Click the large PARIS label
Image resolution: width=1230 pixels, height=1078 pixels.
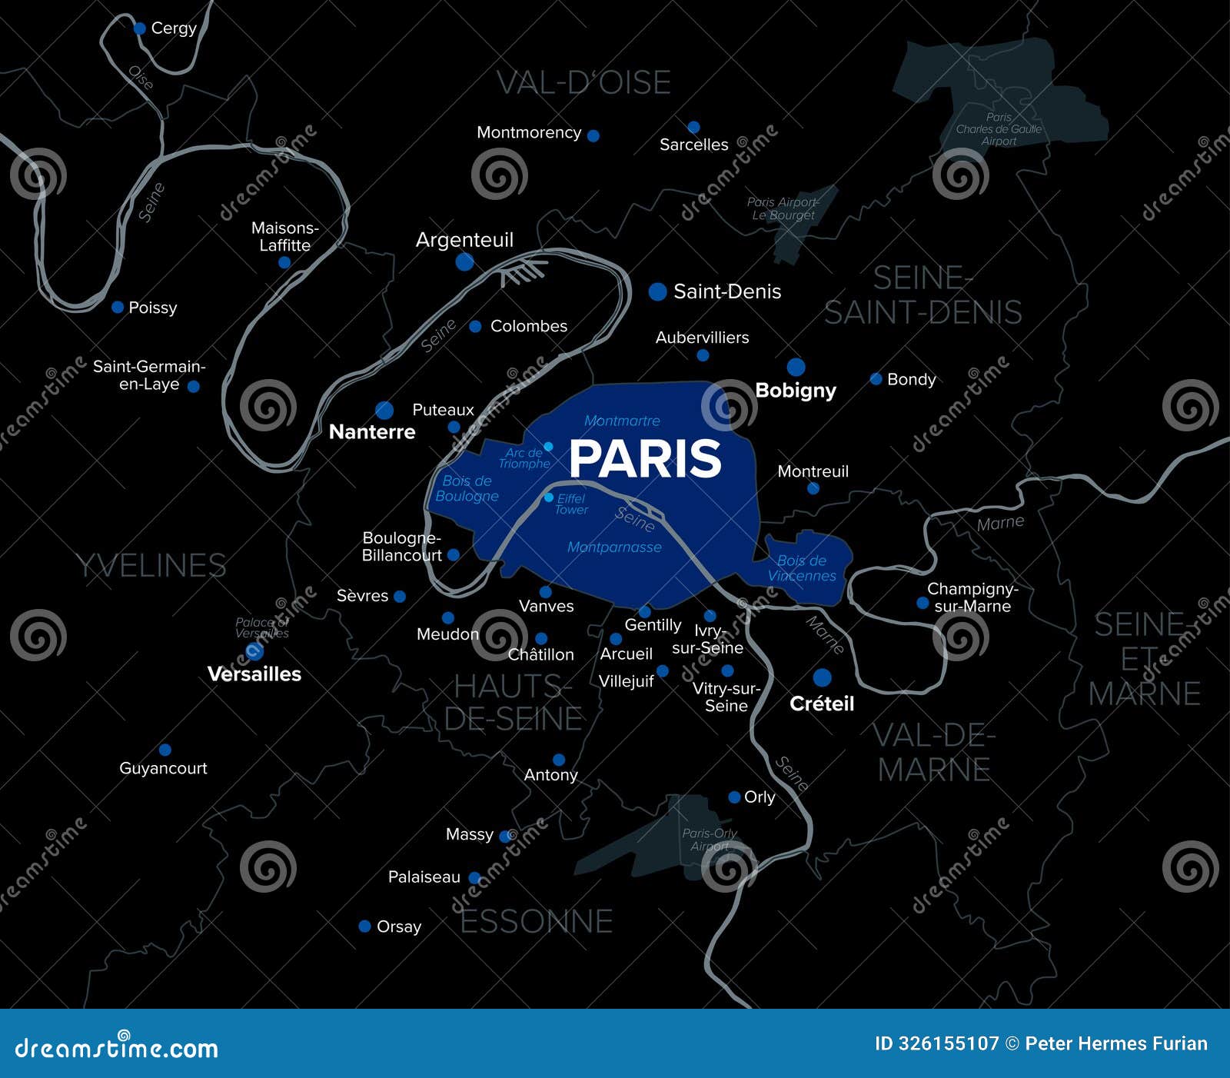[645, 459]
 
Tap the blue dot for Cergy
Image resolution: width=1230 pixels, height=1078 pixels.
[140, 28]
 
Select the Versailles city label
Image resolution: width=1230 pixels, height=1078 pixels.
[254, 674]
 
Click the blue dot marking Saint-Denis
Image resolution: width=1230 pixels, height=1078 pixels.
[657, 291]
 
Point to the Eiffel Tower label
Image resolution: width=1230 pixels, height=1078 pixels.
[571, 504]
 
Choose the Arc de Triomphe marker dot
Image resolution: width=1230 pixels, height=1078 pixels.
[548, 447]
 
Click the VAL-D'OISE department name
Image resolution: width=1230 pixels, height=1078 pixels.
[583, 83]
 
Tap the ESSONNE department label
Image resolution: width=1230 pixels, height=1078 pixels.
[537, 921]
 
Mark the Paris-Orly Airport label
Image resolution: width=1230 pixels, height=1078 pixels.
[710, 840]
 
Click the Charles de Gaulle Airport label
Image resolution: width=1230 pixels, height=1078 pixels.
[999, 129]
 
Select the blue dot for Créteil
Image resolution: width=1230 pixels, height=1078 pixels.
[822, 677]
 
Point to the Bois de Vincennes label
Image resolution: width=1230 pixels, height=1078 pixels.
[802, 568]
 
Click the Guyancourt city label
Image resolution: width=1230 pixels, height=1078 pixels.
[163, 768]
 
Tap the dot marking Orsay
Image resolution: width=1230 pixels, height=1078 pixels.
[365, 927]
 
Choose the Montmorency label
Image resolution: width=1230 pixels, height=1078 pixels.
[529, 132]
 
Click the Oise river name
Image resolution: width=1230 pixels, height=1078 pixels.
[141, 78]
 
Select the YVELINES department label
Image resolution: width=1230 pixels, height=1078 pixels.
[151, 566]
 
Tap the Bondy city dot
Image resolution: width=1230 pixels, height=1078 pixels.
[876, 379]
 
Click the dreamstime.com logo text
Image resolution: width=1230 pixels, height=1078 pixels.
[117, 1048]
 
